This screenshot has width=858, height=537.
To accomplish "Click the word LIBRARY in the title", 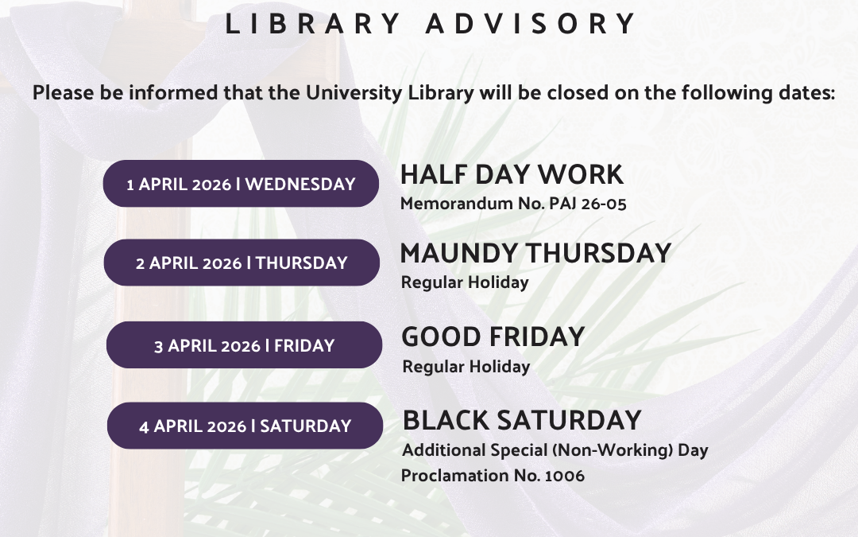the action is [x=313, y=24].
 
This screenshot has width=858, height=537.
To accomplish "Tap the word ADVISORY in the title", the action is [x=530, y=24].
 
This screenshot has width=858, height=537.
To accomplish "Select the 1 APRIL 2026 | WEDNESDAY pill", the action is [x=241, y=184].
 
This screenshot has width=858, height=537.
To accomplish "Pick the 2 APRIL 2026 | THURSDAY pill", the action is [x=242, y=263].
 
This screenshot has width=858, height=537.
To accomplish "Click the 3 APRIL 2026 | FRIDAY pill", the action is [x=244, y=345].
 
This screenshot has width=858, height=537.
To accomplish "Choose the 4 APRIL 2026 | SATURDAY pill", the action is [x=245, y=426].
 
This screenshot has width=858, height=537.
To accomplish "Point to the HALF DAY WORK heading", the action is [x=512, y=175].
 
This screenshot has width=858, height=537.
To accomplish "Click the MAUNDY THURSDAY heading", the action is [x=535, y=253].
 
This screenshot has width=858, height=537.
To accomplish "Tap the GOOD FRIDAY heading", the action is [x=493, y=337].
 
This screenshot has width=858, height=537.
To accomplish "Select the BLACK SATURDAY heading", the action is [x=522, y=420].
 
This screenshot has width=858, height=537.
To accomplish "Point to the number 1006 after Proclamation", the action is [x=565, y=476].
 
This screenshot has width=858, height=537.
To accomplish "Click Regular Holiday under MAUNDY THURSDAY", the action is [x=465, y=282].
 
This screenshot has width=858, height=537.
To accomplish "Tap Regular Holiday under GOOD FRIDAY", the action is [x=466, y=367].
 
